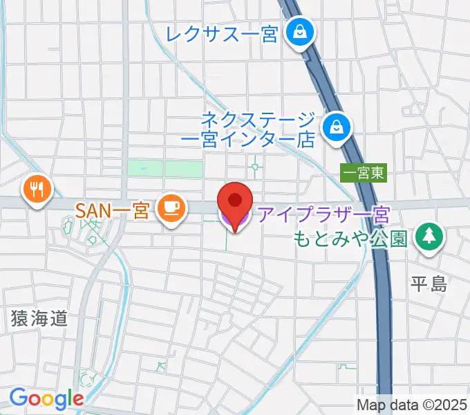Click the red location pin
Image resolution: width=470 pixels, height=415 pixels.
[235, 203]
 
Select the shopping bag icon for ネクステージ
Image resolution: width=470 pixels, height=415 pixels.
[337, 127]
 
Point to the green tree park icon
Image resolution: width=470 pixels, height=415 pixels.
[430, 237]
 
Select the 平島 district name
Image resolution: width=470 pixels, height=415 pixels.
[429, 284]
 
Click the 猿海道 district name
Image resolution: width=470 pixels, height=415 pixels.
[40, 318]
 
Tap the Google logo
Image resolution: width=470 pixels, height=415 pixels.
[46, 398]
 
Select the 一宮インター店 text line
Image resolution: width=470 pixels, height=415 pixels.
[247, 138]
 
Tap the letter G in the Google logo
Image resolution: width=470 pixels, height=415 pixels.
[18, 398]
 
